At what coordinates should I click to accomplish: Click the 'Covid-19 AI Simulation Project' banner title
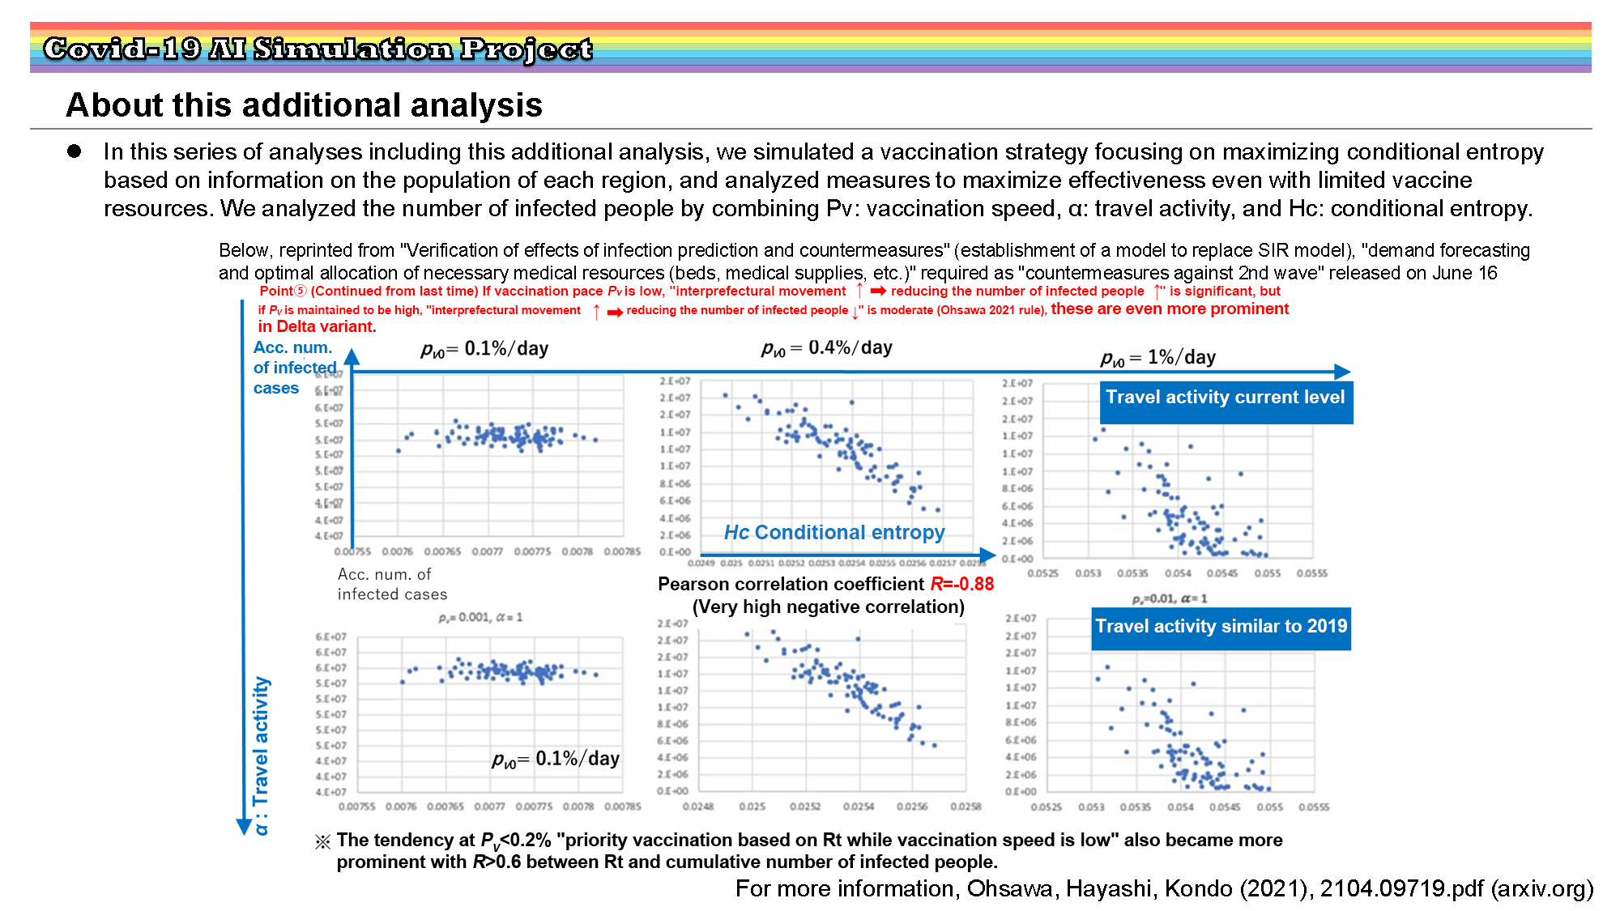coord(318,49)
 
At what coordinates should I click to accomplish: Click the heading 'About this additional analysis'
coord(305,105)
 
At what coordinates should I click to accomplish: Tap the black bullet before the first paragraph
coord(75,151)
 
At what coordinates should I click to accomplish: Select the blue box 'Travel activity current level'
coord(1225,398)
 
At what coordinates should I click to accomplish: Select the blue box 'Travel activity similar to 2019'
coord(1221,627)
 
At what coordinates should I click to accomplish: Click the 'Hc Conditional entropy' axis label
coord(834,533)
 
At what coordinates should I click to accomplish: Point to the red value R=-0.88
coord(962,584)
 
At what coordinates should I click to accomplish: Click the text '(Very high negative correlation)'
coord(828,607)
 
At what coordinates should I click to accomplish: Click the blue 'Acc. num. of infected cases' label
coord(293,368)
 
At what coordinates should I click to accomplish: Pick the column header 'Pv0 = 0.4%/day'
coord(827,348)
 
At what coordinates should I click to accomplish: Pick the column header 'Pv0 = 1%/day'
coord(1158,358)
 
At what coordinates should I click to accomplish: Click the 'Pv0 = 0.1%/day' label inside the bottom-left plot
coord(556,760)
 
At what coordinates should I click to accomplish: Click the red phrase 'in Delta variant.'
coord(317,327)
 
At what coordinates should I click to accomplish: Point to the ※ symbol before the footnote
coord(322,842)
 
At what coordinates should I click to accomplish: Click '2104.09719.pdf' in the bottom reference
coord(1402,889)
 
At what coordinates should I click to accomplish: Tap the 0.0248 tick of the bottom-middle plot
coord(698,807)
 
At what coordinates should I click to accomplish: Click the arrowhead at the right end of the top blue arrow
coord(1342,372)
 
